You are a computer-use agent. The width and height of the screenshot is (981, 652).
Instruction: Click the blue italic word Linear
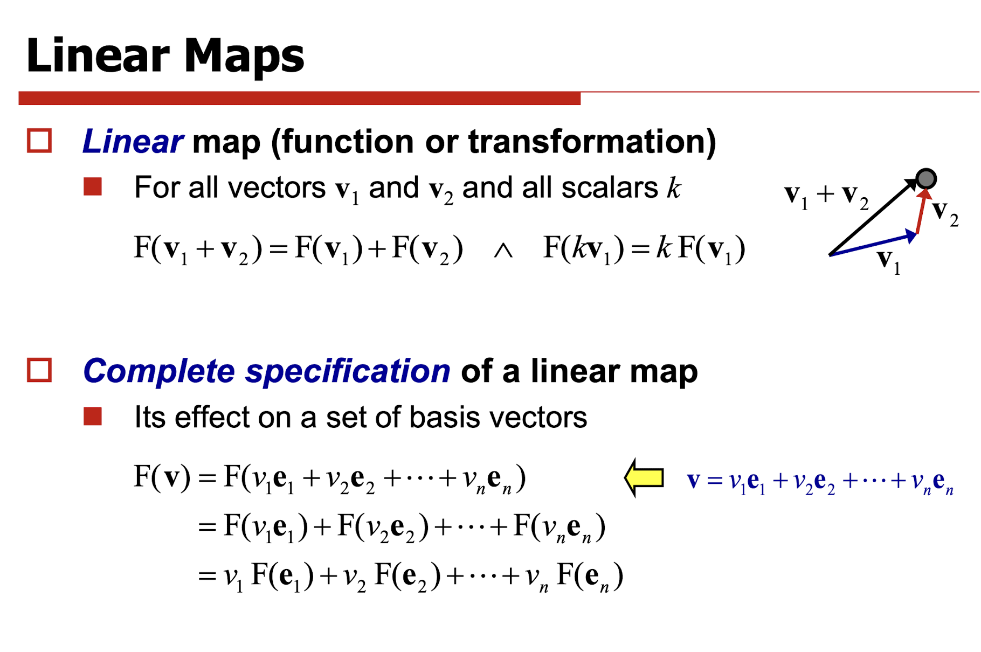pos(133,141)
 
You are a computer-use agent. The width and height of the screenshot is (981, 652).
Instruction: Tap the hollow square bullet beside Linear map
pos(39,141)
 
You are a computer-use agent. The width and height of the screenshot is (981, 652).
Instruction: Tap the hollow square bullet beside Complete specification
pos(39,370)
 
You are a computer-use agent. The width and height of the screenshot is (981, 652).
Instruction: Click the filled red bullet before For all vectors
pos(93,187)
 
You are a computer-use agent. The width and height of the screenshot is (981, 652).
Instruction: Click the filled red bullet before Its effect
pos(93,417)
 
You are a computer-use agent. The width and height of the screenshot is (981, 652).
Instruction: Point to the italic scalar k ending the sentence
pos(674,188)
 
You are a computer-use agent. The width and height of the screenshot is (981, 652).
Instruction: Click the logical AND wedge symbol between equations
pos(503,250)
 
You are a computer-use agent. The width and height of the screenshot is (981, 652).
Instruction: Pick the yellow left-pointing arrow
pos(644,477)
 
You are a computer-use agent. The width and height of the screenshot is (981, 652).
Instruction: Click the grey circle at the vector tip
pos(926,178)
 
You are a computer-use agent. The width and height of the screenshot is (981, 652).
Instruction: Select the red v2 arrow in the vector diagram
pos(922,211)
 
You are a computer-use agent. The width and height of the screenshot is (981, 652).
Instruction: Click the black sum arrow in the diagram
pos(873,218)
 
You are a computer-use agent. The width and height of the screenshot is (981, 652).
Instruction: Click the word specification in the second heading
pos(348,371)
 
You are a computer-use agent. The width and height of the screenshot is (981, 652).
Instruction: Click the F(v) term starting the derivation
pos(162,477)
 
